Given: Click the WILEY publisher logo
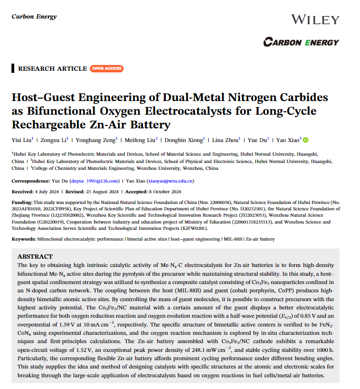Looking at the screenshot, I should (x=315, y=20).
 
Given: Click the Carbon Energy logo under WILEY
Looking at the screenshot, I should (x=300, y=42).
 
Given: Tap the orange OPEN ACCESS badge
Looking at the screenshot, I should (x=106, y=68).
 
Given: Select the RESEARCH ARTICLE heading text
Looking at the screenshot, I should (x=52, y=68).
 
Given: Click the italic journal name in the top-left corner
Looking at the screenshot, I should (x=34, y=17).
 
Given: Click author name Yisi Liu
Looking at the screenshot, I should (x=21, y=140).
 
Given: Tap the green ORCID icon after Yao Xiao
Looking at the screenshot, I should (x=306, y=140).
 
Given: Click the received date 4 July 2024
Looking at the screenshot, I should (x=50, y=191).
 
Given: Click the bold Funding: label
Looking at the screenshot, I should (x=22, y=202).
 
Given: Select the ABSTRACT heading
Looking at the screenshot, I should (x=35, y=256).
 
